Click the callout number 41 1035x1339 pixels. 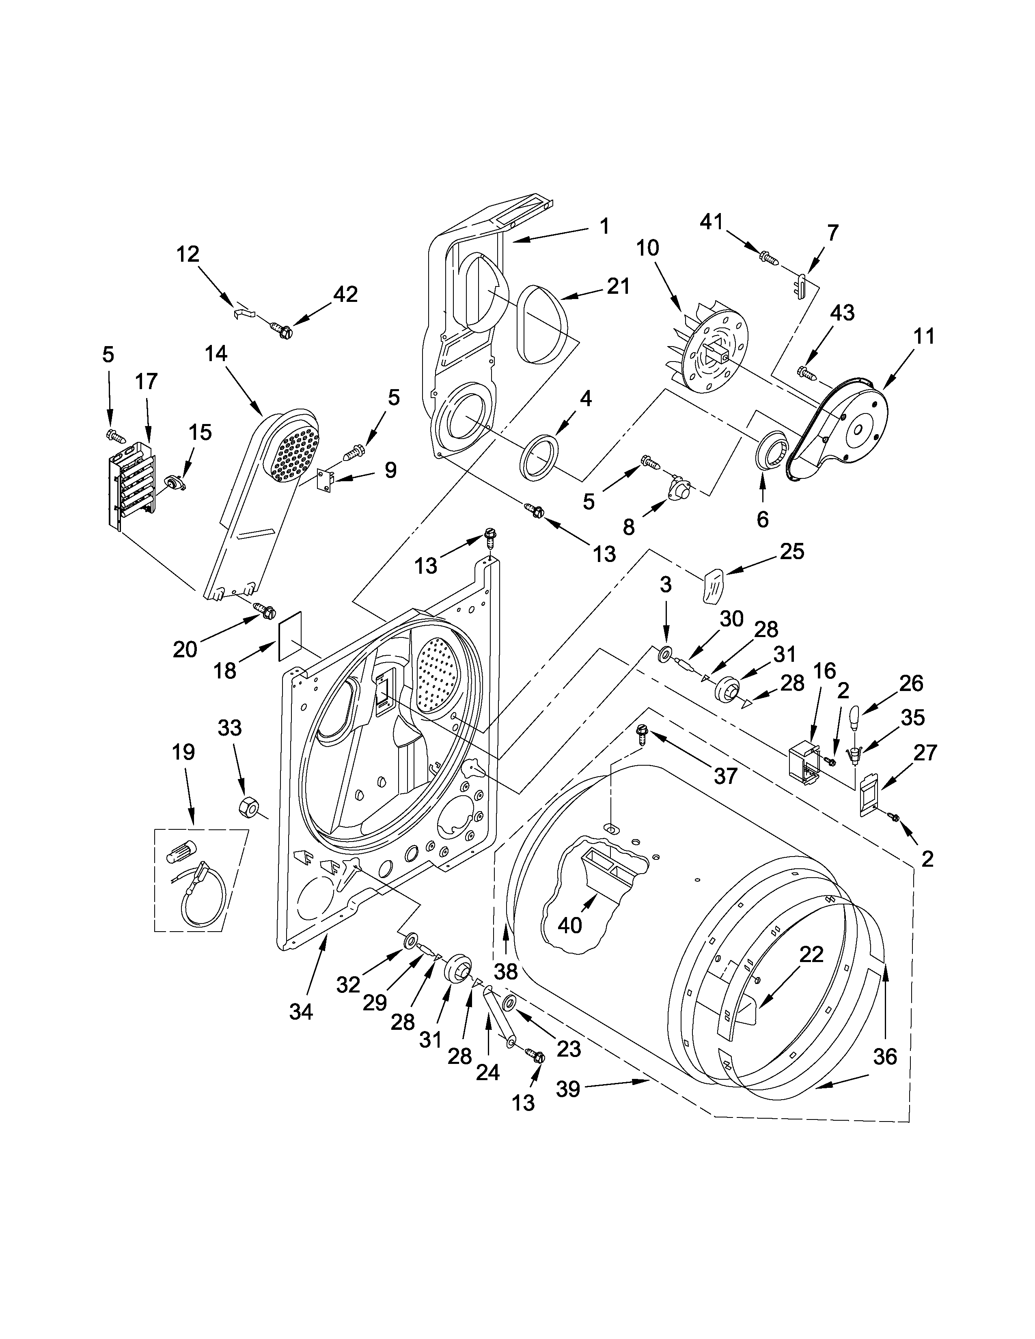[712, 222]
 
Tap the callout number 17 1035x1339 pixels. [146, 381]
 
